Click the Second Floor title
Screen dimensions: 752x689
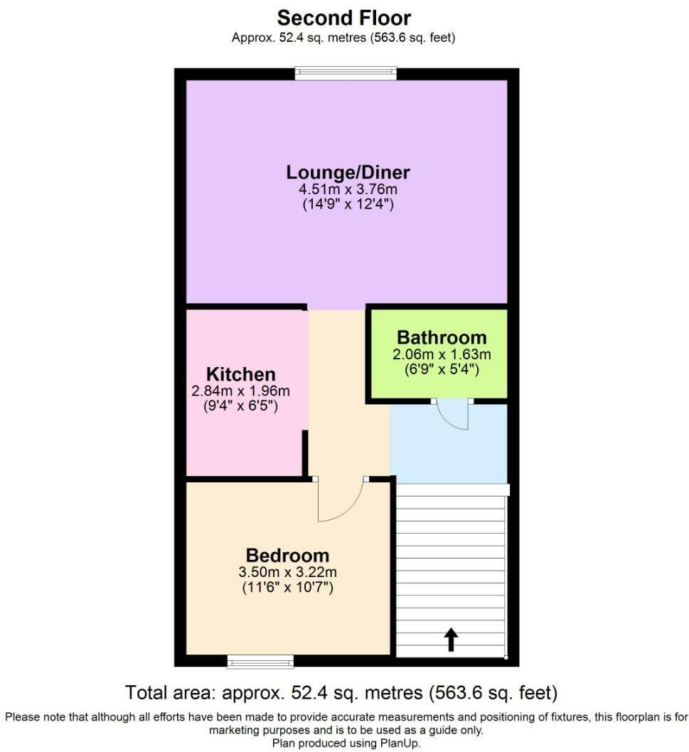343,17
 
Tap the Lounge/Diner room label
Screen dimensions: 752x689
348,172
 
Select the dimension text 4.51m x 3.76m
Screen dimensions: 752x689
348,189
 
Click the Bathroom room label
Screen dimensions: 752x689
442,337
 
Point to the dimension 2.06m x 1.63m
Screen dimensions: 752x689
442,354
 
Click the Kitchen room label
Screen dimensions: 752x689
240,374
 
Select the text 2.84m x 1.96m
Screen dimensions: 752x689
240,391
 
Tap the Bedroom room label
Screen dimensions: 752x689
287,556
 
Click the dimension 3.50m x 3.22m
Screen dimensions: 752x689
287,572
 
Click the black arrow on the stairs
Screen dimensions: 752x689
451,639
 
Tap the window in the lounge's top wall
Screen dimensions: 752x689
346,73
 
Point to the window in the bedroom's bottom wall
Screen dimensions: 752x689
260,662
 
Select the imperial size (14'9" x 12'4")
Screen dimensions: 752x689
348,205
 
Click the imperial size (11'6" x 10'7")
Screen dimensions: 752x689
287,588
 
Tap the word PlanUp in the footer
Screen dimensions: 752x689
401,743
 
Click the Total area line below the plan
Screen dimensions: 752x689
341,692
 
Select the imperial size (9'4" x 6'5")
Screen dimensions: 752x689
240,407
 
